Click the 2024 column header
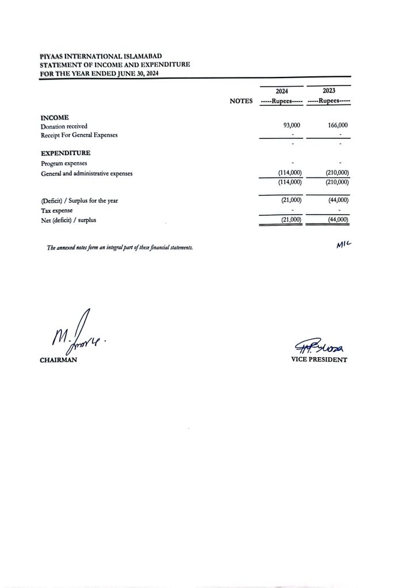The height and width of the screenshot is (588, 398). pos(282,91)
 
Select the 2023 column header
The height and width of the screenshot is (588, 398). pos(330,91)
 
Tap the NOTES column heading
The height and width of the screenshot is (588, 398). pos(241,100)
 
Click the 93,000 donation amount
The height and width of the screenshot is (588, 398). pos(292,125)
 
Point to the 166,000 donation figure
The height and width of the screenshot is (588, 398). pos(338,125)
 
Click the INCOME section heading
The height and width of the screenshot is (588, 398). pos(55,117)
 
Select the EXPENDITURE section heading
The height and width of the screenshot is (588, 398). pos(66,153)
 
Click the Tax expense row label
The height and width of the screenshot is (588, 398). pos(57,210)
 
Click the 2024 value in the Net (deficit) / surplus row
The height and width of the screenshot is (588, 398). pos(290,220)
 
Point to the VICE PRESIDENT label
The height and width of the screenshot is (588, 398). pos(320,360)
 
